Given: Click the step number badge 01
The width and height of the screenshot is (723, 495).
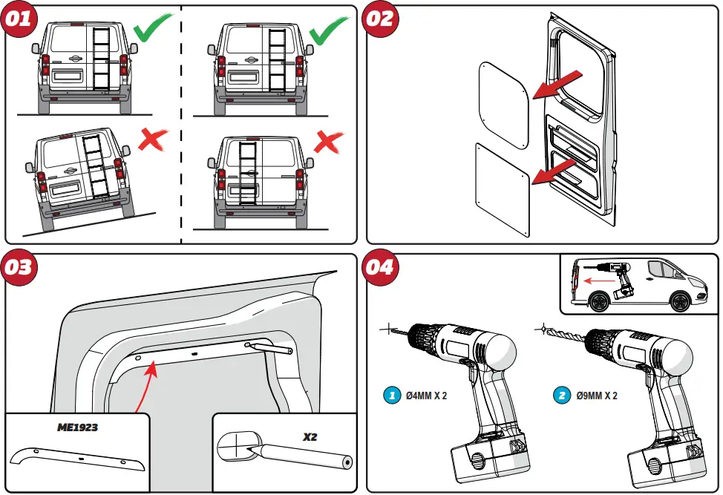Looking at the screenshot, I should (19, 18).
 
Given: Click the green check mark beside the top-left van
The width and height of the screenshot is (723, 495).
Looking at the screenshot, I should (153, 30).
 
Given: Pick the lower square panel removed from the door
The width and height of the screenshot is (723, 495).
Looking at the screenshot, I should (503, 190).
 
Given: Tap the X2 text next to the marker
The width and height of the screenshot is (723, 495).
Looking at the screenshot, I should (310, 437).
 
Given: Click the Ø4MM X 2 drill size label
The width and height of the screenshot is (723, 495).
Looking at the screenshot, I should (427, 396).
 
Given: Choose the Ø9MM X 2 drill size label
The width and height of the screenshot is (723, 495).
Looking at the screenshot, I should (597, 396).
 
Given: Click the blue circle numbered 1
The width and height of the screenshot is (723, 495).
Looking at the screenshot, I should (392, 396).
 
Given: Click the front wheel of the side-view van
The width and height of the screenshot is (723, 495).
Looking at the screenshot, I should (678, 302).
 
